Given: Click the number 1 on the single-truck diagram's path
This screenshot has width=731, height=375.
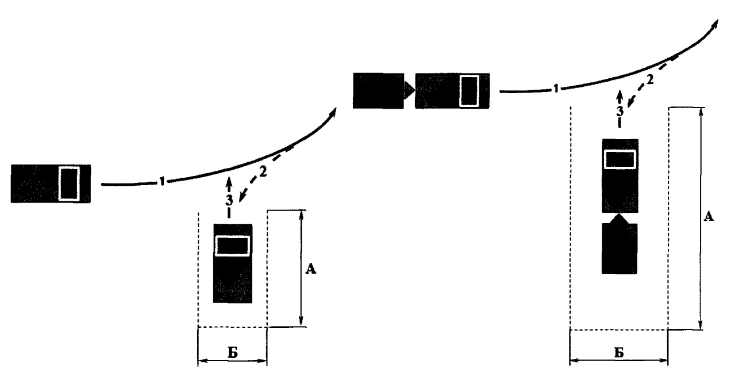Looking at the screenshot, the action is pyautogui.click(x=162, y=181).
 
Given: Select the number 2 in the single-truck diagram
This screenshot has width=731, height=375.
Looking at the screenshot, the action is pyautogui.click(x=263, y=172).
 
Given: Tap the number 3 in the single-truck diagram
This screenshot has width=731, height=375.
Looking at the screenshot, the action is pyautogui.click(x=229, y=200).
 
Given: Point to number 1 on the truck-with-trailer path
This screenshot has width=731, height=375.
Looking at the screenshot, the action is pyautogui.click(x=556, y=89).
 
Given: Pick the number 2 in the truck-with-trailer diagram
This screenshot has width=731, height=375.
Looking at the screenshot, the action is pyautogui.click(x=650, y=80).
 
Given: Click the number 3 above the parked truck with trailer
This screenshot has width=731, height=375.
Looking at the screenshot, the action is pyautogui.click(x=620, y=112).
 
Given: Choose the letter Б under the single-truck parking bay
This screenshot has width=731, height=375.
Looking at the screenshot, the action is pyautogui.click(x=233, y=353).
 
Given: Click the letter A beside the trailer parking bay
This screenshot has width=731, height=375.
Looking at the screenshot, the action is pyautogui.click(x=709, y=216).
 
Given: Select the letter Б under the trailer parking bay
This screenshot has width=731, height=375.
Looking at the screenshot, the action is pyautogui.click(x=619, y=353).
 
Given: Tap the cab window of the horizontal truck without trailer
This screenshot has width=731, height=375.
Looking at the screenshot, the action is pyautogui.click(x=69, y=183).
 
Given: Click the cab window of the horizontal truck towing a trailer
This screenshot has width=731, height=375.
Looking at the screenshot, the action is pyautogui.click(x=470, y=91).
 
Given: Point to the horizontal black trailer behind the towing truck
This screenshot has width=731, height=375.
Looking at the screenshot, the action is pyautogui.click(x=379, y=91).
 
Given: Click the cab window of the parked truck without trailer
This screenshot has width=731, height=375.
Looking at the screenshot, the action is pyautogui.click(x=232, y=246).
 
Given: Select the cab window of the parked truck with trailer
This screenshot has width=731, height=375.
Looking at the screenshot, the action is pyautogui.click(x=620, y=159).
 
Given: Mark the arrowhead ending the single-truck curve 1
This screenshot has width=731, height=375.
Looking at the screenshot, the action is pyautogui.click(x=333, y=112).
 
